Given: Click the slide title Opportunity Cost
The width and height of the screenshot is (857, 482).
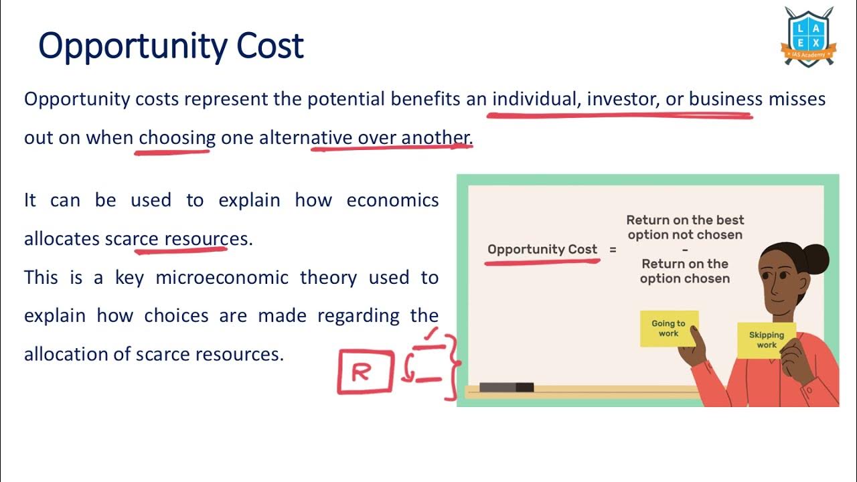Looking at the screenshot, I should (x=171, y=46).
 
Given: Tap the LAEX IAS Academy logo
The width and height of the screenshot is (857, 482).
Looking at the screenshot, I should (x=809, y=36).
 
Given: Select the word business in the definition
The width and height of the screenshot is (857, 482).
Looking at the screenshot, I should (x=726, y=100).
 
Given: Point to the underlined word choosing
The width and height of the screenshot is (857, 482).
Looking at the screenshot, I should (x=177, y=138).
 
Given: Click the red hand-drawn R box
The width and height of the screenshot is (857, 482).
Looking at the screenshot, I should (x=364, y=372).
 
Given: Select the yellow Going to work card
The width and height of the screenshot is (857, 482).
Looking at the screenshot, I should (x=668, y=329).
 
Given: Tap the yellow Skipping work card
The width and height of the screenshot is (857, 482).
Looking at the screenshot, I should (x=767, y=340).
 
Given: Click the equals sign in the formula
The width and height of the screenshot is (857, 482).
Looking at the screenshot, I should (x=612, y=250).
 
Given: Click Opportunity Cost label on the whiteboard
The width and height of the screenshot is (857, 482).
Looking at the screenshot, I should (x=542, y=250).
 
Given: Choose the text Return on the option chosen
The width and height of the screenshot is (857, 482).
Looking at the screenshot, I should (x=684, y=271).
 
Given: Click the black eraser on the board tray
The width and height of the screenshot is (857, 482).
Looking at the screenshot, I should (x=506, y=387).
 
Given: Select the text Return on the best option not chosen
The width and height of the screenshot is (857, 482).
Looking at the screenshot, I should (x=684, y=227).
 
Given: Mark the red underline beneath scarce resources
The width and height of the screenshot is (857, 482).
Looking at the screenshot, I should (x=181, y=251).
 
